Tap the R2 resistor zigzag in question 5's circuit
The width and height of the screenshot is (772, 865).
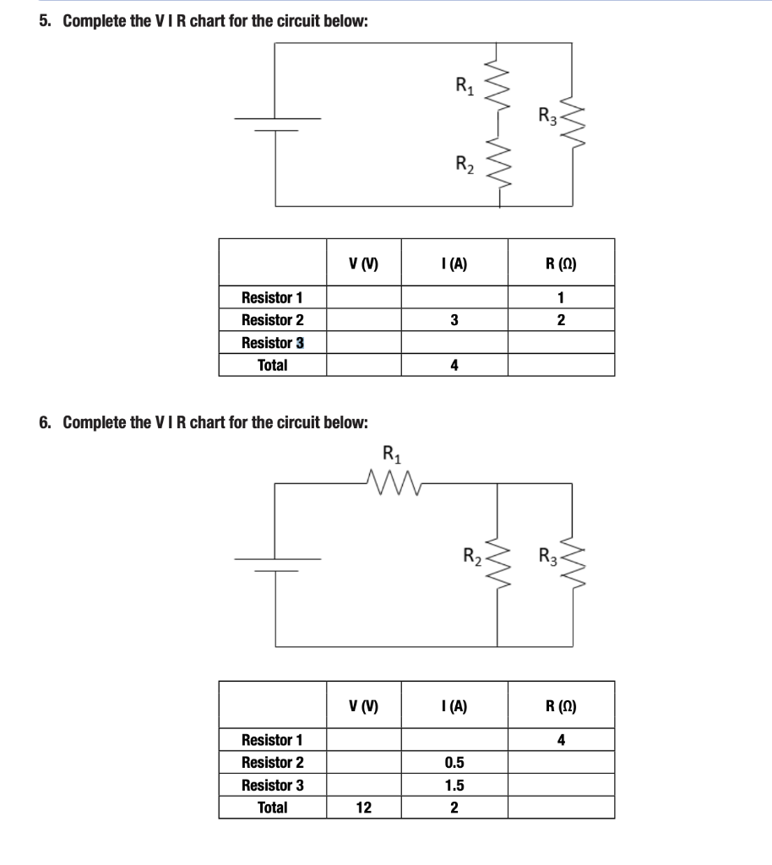(498, 166)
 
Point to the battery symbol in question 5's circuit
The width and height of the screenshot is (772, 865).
(277, 124)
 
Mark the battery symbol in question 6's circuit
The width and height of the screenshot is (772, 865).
(277, 564)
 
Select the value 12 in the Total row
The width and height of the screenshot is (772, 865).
(363, 808)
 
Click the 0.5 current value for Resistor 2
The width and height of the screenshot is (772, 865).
(454, 763)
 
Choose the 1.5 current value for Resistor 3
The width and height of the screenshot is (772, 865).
(454, 786)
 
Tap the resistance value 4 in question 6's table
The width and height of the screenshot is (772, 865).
(561, 741)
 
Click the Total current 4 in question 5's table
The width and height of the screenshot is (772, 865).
(454, 366)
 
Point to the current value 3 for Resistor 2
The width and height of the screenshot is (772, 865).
(454, 320)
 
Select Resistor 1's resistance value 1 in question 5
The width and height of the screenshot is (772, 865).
(561, 297)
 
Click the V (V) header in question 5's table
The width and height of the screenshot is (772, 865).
(363, 264)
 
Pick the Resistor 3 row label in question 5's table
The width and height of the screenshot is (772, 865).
(272, 343)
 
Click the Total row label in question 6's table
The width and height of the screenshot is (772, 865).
(272, 808)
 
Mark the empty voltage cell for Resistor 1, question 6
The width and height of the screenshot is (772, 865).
(363, 741)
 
